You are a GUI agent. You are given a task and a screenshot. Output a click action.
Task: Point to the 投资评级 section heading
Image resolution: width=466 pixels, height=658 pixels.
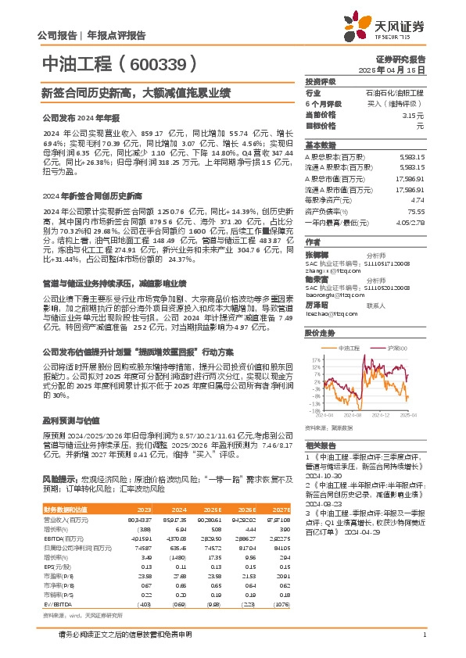click(321, 81)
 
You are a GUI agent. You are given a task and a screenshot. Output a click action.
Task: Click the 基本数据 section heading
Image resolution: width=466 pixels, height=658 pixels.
click(321, 145)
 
